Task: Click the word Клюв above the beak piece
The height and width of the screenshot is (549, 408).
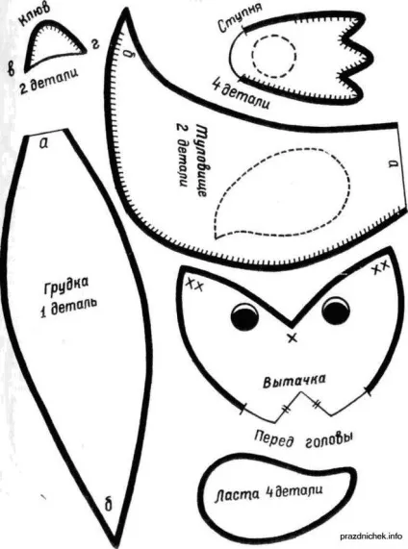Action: [34, 15]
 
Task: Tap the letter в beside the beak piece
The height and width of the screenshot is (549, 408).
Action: [12, 68]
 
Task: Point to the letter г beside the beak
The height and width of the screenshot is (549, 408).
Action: [94, 44]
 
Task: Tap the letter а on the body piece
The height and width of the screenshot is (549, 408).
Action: [393, 163]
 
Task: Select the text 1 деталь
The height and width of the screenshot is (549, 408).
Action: [68, 307]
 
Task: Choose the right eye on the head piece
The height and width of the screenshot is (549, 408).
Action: [336, 311]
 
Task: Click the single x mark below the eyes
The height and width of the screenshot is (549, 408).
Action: [292, 337]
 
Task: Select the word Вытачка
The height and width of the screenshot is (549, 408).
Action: [294, 381]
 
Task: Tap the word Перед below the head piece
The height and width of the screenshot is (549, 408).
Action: [273, 439]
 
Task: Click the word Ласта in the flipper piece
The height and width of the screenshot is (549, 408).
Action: [238, 495]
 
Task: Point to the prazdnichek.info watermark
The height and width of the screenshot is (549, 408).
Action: [371, 537]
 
